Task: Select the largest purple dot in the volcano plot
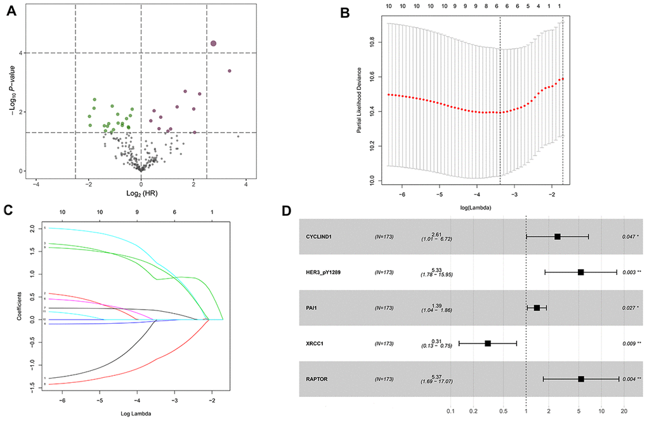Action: (x=214, y=43)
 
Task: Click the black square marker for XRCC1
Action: (x=488, y=343)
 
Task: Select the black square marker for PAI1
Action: (x=537, y=308)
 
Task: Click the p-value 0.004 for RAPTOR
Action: (x=629, y=379)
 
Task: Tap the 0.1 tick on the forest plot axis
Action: (x=451, y=410)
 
